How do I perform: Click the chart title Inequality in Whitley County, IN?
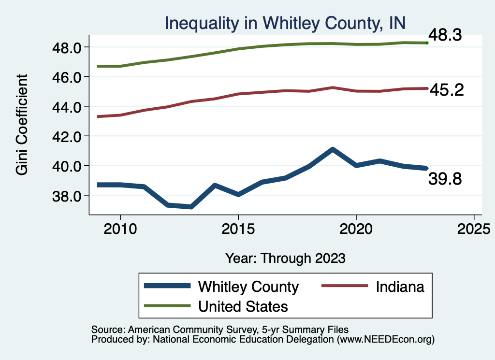pyautogui.click(x=284, y=23)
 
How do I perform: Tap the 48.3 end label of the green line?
pyautogui.click(x=446, y=35)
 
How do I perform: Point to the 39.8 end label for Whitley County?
pyautogui.click(x=445, y=179)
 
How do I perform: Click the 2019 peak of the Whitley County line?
pyautogui.click(x=333, y=150)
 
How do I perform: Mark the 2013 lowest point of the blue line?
pyautogui.click(x=191, y=206)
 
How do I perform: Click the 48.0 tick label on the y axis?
pyautogui.click(x=67, y=47)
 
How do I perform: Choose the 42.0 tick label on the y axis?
pyautogui.click(x=67, y=136)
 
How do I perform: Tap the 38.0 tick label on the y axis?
pyautogui.click(x=67, y=196)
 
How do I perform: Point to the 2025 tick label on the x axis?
pyautogui.click(x=474, y=228)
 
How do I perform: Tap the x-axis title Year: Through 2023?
pyautogui.click(x=285, y=258)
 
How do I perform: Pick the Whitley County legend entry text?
pyautogui.click(x=248, y=287)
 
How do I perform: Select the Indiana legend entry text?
pyautogui.click(x=400, y=287)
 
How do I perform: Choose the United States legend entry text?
pyautogui.click(x=243, y=306)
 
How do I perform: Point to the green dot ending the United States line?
pyautogui.click(x=427, y=43)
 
